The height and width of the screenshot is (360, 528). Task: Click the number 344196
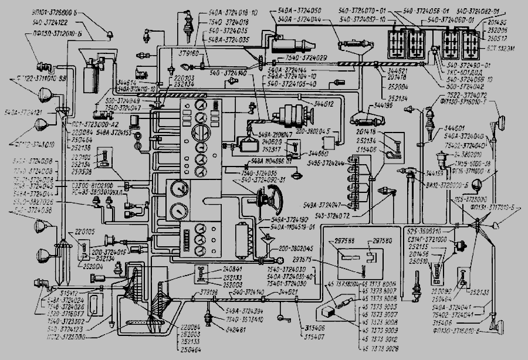pyautogui.click(x=365, y=107)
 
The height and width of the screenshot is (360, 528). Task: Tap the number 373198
pyautogui.click(x=209, y=291)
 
